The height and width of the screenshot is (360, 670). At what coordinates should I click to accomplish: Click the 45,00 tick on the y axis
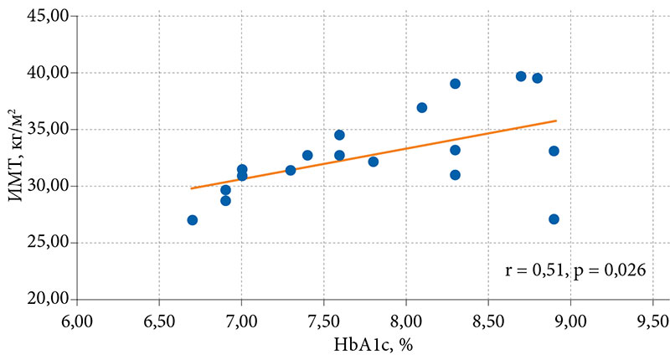[x=50, y=16]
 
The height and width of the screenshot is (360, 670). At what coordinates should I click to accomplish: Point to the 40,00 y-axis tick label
[x=50, y=73]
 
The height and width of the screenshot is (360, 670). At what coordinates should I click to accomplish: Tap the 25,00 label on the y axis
[x=50, y=243]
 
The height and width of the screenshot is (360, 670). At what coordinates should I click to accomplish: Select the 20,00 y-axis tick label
[x=50, y=299]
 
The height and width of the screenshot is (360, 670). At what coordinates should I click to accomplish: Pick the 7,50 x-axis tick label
[x=323, y=319]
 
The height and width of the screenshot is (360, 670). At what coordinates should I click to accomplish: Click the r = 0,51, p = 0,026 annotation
[x=576, y=270]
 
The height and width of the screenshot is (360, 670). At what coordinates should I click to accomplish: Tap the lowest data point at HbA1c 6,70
[x=193, y=220]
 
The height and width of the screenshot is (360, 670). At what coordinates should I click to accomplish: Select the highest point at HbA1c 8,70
[x=521, y=76]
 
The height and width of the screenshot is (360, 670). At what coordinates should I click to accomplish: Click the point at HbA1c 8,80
[x=538, y=78]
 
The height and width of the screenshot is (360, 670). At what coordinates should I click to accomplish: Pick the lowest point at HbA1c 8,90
[x=554, y=219]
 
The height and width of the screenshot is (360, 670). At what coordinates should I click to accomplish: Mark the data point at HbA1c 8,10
[x=422, y=108]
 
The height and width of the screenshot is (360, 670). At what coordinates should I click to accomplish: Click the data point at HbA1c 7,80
[x=373, y=162]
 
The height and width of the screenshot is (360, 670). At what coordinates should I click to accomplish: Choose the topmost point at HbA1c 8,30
[x=455, y=84]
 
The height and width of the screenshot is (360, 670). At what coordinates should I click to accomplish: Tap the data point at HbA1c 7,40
[x=307, y=155]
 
